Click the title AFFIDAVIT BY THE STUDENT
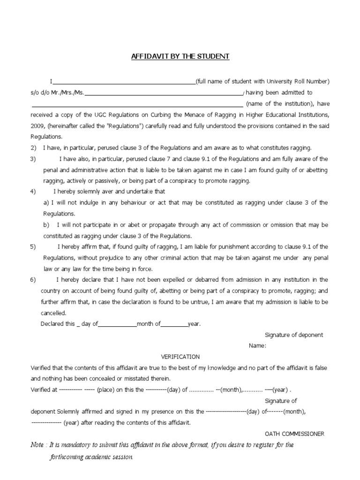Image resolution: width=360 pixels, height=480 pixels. [180, 57]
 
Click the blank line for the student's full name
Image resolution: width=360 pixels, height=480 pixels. [124, 82]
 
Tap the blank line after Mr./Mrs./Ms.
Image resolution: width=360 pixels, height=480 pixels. [164, 94]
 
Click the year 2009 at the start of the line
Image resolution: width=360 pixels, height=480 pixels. [37, 126]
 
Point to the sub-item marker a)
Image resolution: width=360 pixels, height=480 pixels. [46, 202]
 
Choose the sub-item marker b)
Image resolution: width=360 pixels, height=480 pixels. [46, 225]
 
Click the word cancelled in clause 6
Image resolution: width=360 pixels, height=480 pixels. [54, 313]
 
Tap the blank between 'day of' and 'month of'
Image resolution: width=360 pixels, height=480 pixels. [117, 324]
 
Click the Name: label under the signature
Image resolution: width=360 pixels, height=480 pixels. [258, 346]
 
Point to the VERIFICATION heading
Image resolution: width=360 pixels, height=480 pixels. [180, 357]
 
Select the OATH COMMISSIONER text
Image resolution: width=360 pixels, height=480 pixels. [294, 434]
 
